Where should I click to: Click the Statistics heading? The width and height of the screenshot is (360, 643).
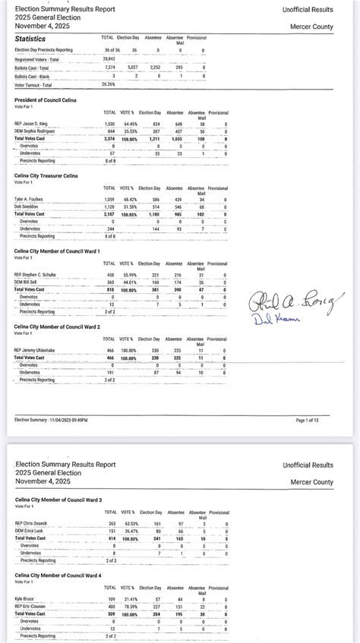pyautogui.click(x=30, y=38)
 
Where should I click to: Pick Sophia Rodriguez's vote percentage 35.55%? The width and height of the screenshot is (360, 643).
pyautogui.click(x=131, y=131)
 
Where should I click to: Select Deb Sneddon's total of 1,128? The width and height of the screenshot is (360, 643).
pyautogui.click(x=109, y=206)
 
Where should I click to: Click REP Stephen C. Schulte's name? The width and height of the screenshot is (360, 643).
pyautogui.click(x=36, y=275)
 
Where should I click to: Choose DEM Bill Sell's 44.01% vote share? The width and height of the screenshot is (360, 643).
pyautogui.click(x=131, y=282)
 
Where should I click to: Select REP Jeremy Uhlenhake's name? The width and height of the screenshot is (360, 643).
pyautogui.click(x=38, y=350)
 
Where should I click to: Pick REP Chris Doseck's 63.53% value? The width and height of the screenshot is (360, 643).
pyautogui.click(x=131, y=524)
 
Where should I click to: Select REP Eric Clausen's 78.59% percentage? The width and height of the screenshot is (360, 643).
pyautogui.click(x=131, y=607)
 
